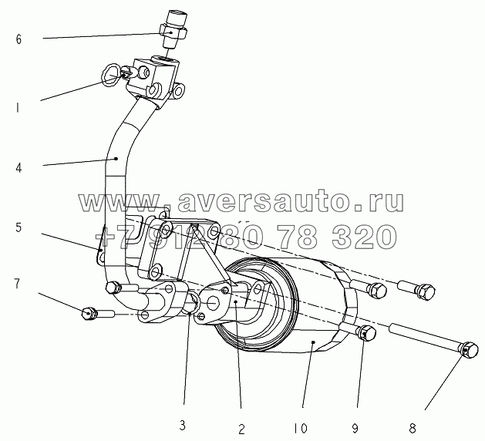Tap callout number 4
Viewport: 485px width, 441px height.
pyautogui.click(x=19, y=165)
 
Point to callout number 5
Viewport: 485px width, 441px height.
pyautogui.click(x=19, y=228)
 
